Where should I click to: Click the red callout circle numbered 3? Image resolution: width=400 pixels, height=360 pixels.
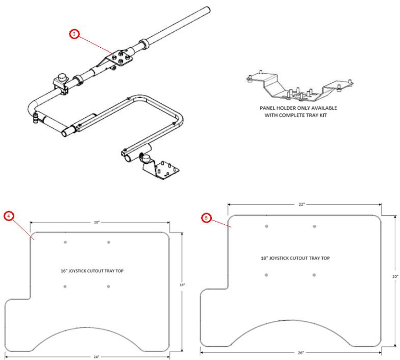pyautogui.click(x=75, y=34)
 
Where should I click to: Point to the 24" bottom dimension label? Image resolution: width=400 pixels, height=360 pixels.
pyautogui.click(x=96, y=357)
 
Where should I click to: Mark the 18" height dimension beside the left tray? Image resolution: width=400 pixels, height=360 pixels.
pyautogui.click(x=181, y=285)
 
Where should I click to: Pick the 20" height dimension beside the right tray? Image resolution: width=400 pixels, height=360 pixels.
pyautogui.click(x=395, y=276)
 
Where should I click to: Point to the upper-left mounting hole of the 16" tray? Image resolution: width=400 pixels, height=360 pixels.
pyautogui.click(x=65, y=242)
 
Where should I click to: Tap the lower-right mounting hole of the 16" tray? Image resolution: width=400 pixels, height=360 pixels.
pyautogui.click(x=109, y=286)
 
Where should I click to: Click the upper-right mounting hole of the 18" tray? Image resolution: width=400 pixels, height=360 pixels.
pyautogui.click(x=314, y=226)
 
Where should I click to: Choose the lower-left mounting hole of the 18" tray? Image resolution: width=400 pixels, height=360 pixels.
pyautogui.click(x=266, y=275)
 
